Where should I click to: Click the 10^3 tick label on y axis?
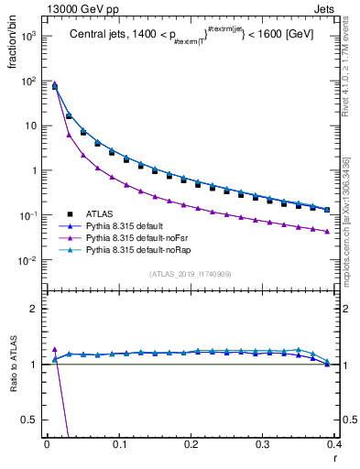coord(27,36)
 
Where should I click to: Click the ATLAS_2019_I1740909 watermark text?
coord(191,274)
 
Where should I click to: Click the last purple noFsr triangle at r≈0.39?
coord(327,232)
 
